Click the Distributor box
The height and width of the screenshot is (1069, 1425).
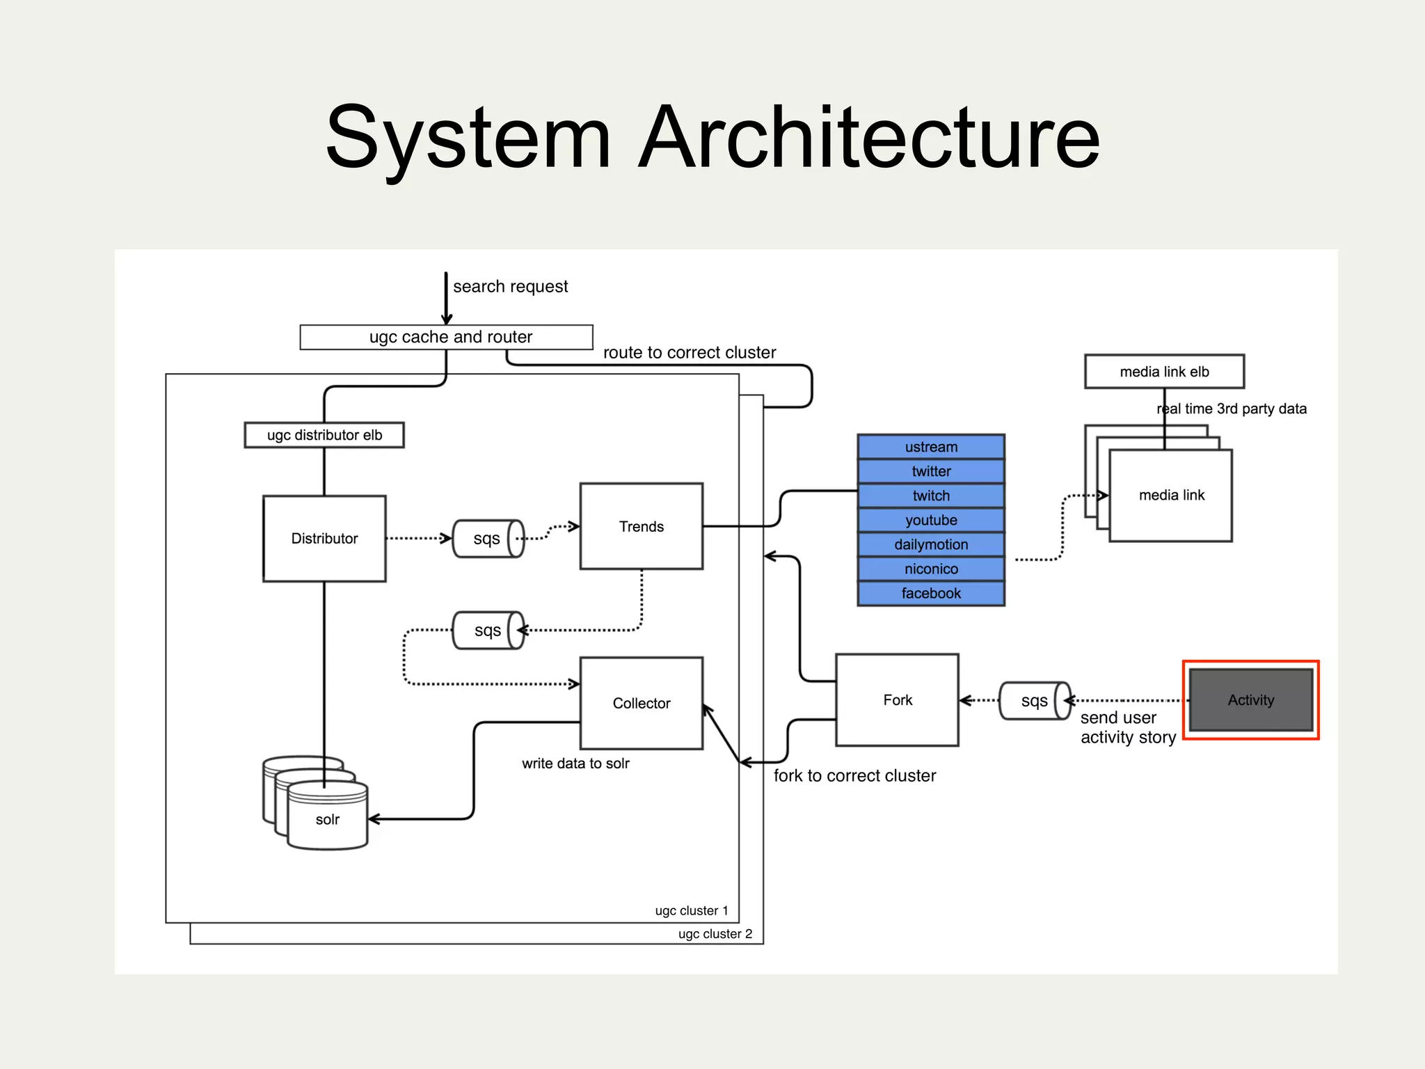pos(324,539)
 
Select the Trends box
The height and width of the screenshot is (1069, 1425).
pos(641,526)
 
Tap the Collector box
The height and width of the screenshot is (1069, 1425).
pos(641,703)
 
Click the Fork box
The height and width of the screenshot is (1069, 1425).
pos(897,700)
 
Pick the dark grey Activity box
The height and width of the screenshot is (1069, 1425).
pos(1250,700)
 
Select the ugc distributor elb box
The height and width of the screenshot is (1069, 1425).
pos(324,435)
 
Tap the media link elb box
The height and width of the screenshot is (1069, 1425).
pos(1164,372)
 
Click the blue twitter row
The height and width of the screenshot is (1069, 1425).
pos(931,471)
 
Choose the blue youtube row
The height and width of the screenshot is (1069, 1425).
pos(931,520)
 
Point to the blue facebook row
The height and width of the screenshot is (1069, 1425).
pos(931,593)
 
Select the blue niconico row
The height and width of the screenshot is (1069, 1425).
pos(931,569)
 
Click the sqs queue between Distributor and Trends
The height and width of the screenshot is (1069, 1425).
pos(488,539)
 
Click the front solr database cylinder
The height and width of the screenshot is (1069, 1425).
pos(328,818)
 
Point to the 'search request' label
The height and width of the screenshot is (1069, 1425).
pos(510,287)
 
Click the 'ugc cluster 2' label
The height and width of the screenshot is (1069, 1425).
pos(715,934)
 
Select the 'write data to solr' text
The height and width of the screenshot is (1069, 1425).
pos(575,763)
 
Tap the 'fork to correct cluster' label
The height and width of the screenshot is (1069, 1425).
pos(854,776)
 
